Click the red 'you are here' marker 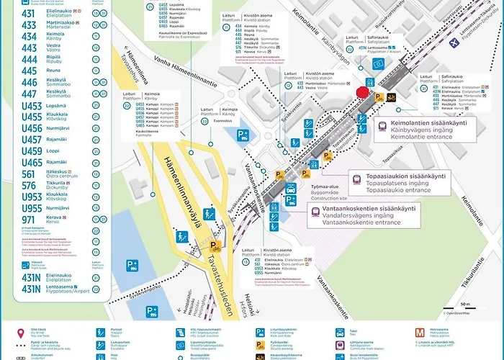[363, 91]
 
